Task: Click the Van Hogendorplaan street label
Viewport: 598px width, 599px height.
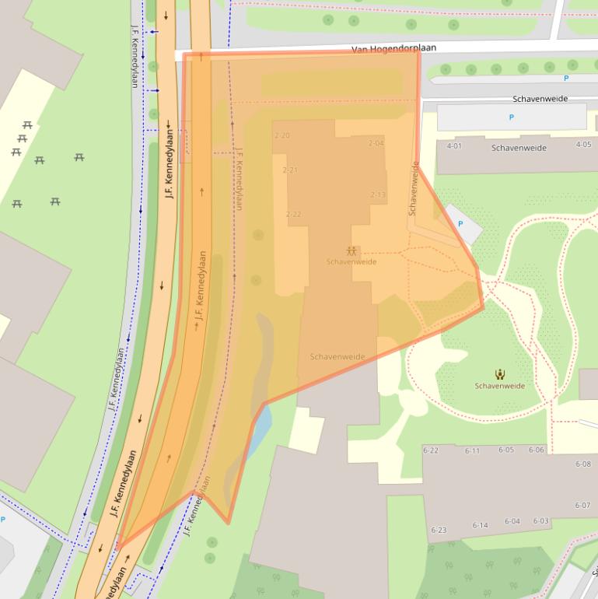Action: (393, 48)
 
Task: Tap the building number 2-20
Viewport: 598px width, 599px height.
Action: (282, 135)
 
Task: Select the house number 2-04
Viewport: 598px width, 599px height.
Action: (376, 143)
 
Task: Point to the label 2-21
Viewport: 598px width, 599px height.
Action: (290, 170)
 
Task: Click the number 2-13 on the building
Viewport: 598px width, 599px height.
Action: (378, 195)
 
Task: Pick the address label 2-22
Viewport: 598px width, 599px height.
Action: (293, 214)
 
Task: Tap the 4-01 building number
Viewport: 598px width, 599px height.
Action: (454, 145)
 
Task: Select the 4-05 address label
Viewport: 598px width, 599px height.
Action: (583, 145)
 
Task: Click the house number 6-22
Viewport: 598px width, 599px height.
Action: (430, 450)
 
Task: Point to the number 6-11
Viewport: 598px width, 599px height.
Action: (472, 451)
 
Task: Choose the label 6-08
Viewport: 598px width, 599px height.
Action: (582, 464)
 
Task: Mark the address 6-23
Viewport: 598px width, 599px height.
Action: (439, 530)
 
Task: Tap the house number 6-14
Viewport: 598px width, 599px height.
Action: (480, 525)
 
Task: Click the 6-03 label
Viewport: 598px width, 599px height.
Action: (540, 521)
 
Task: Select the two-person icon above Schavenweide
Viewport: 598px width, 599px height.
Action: (351, 251)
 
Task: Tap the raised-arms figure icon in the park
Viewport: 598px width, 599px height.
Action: (499, 374)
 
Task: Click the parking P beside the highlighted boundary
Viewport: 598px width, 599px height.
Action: (460, 224)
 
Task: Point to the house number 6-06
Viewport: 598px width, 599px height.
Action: (537, 450)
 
